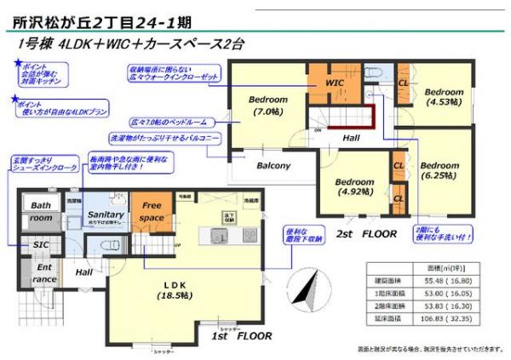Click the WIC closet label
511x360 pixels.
(336, 83)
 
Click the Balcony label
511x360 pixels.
(274, 165)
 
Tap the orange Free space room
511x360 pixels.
(152, 210)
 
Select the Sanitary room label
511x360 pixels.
(106, 214)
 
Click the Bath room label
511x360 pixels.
(41, 211)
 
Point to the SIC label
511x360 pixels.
(41, 245)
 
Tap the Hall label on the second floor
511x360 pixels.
(351, 137)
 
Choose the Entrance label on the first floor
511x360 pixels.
(45, 273)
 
